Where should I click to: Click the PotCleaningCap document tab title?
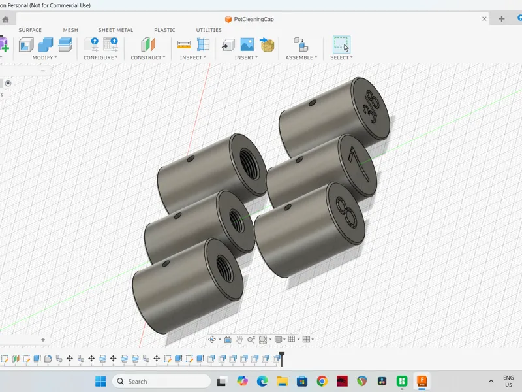point(254,20)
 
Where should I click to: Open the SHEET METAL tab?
point(115,30)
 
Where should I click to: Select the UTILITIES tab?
point(209,30)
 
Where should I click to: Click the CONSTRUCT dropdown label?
point(148,57)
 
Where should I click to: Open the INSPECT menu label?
point(192,57)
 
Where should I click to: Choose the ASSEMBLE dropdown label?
point(301,57)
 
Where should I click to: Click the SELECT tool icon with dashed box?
point(341,44)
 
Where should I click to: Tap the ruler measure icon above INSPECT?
point(184,44)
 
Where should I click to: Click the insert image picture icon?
point(247,44)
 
